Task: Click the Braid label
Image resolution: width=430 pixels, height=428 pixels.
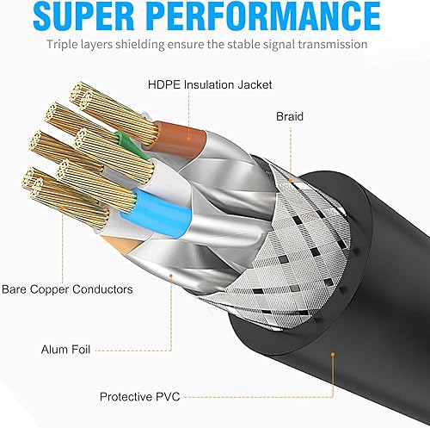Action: [289, 115]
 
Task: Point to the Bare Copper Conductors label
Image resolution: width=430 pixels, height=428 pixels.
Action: [67, 290]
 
